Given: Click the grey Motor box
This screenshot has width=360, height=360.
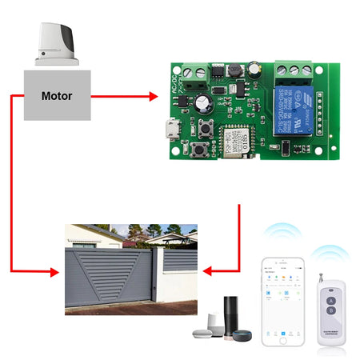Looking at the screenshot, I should click(56, 95).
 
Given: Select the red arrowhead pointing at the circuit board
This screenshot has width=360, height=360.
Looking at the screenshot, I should click(153, 96).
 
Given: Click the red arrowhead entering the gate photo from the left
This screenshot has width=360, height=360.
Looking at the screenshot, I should click(55, 271).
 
